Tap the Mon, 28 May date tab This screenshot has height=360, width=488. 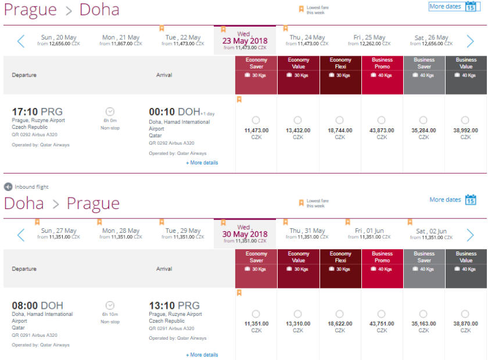(x=120, y=233)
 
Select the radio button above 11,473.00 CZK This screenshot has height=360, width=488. (x=256, y=120)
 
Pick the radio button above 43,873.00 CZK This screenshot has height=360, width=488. (x=382, y=120)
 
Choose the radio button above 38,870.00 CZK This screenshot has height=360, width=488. (x=466, y=314)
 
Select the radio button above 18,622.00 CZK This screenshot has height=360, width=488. (x=340, y=314)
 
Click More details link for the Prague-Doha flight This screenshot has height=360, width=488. (x=202, y=163)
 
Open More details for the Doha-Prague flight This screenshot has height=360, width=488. (x=202, y=355)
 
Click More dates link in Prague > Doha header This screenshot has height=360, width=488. (x=445, y=6)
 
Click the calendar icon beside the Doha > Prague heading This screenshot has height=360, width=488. (x=471, y=200)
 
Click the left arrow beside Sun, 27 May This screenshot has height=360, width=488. (x=21, y=235)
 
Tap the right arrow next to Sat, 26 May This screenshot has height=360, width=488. (x=471, y=41)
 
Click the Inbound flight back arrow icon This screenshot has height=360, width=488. (x=8, y=187)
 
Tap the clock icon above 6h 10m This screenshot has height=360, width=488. (x=110, y=305)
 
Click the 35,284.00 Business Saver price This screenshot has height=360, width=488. (x=424, y=131)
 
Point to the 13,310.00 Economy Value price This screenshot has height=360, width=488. (x=298, y=323)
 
